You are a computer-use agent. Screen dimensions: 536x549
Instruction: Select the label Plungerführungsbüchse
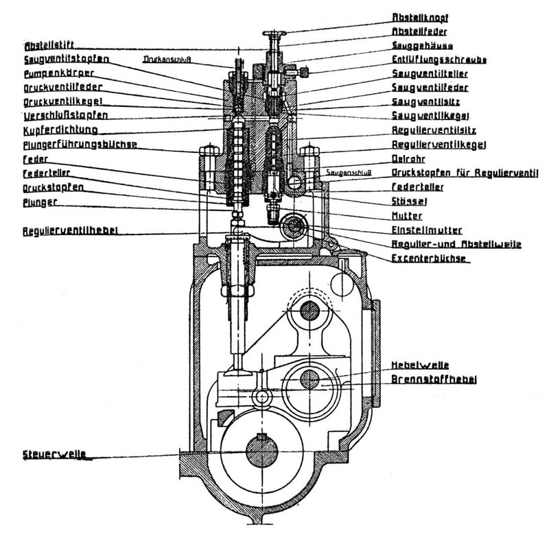click(71, 144)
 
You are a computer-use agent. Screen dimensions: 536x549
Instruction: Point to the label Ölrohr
click(405, 158)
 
